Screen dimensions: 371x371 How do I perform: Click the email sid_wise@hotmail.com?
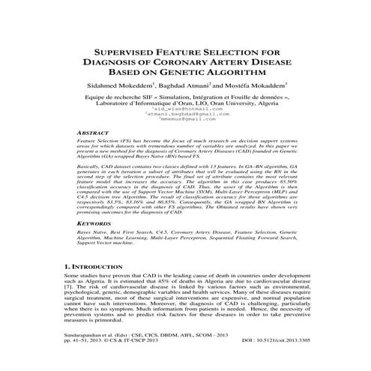[185, 109]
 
